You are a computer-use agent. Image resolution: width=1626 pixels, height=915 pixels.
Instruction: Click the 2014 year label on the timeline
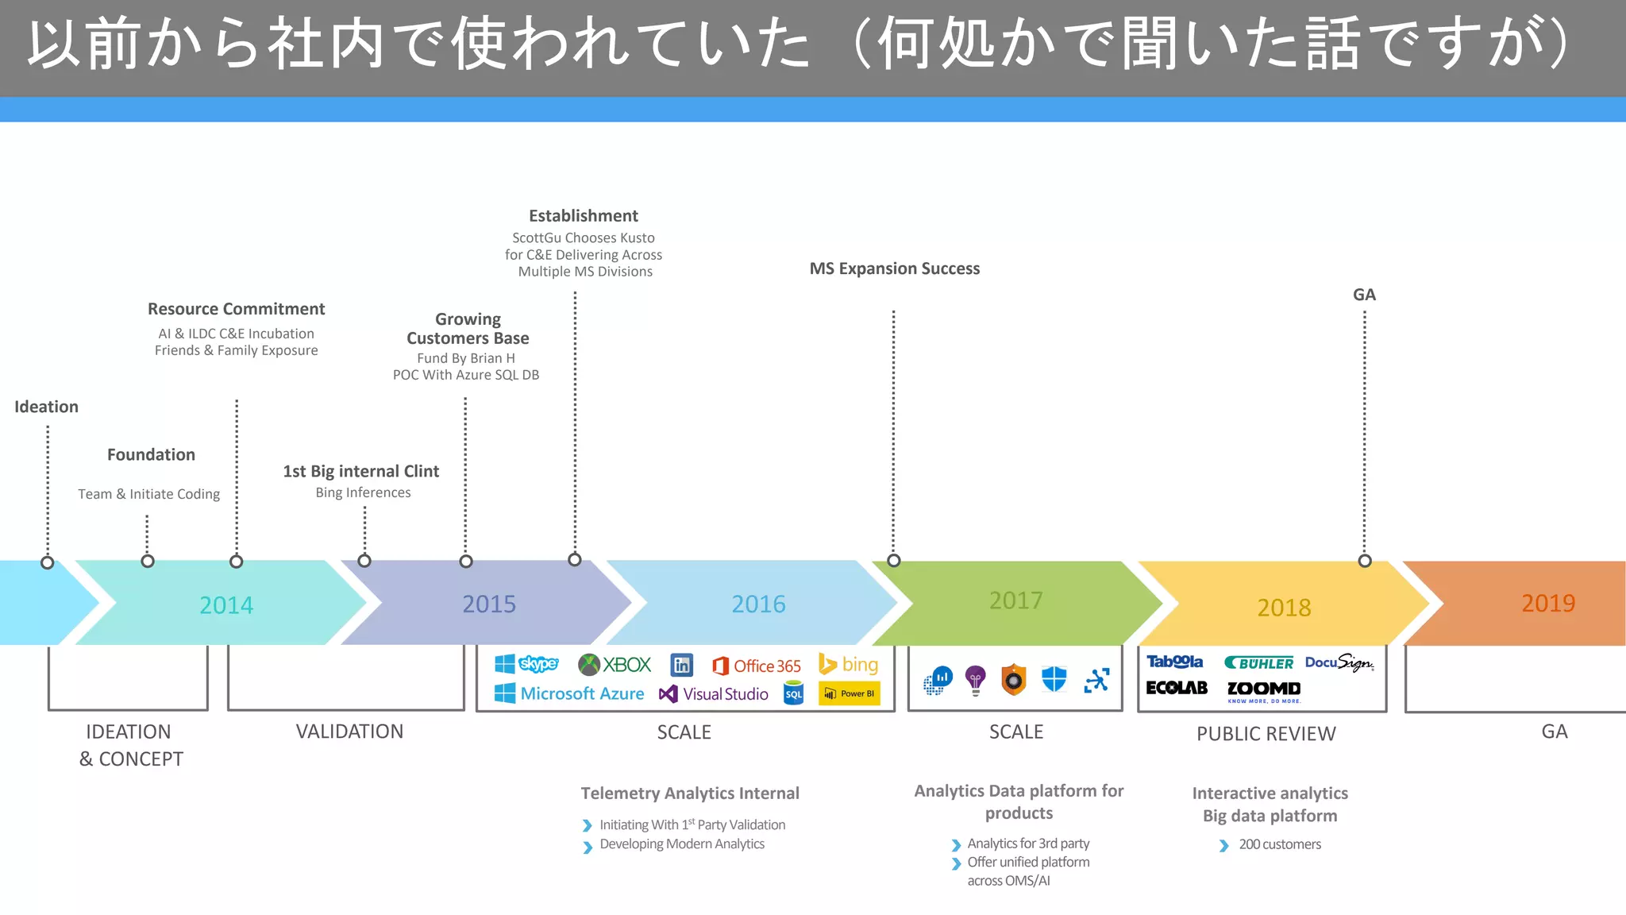[x=226, y=605]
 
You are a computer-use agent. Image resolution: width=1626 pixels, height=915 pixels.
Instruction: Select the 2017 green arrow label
[x=1015, y=600]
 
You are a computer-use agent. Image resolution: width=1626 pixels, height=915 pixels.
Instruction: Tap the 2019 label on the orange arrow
[x=1547, y=603]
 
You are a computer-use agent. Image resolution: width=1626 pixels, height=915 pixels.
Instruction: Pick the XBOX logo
[x=615, y=664]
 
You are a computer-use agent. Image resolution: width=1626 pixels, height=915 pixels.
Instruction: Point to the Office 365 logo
[x=757, y=666]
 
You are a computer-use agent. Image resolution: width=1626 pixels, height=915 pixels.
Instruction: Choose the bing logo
[x=849, y=664]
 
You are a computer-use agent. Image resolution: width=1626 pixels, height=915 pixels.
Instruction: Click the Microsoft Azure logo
[x=569, y=693]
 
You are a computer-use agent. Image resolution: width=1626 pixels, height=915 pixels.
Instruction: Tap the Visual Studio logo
[x=714, y=693]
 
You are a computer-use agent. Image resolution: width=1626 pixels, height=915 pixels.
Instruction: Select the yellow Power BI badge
[x=850, y=693]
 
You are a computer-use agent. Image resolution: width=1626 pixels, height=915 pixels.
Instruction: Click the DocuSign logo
[x=1339, y=662]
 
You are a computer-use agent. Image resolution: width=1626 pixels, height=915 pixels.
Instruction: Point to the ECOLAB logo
[x=1177, y=688]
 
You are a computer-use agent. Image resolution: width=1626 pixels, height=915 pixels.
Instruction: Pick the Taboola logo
[x=1174, y=662]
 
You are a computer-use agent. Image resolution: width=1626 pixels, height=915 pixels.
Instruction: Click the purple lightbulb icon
[x=976, y=680]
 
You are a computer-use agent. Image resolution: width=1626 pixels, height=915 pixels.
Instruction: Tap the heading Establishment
[x=584, y=216]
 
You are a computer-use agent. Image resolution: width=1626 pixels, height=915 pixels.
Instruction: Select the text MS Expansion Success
[x=895, y=268]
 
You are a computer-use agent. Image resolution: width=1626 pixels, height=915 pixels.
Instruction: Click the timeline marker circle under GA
[x=1365, y=561]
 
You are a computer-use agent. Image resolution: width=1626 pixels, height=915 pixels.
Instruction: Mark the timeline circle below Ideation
[x=48, y=562]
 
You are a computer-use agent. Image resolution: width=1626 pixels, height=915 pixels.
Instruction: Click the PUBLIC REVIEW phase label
[x=1266, y=734]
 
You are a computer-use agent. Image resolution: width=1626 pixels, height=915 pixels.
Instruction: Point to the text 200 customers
[x=1279, y=844]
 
